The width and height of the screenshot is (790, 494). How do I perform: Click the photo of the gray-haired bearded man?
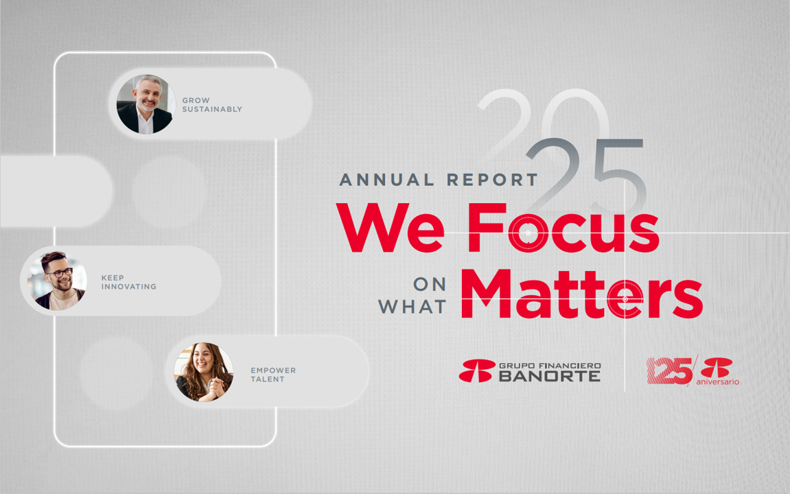pos(146,104)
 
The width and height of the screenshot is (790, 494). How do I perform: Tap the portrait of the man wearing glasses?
pos(58,281)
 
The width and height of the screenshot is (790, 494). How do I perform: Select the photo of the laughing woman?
pos(204,372)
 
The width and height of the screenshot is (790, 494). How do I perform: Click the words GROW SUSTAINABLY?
pos(212,105)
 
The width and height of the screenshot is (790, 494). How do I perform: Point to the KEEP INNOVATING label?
pos(129,282)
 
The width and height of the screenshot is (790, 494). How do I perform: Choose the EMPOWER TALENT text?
pos(274,375)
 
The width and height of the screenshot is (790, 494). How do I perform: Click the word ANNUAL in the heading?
pos(386,180)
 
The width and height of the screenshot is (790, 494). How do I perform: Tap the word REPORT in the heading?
pos(493,180)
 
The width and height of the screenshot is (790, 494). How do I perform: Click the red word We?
pos(391,227)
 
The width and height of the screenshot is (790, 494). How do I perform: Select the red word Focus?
pos(564,228)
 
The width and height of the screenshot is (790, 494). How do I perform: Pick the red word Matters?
pos(582,294)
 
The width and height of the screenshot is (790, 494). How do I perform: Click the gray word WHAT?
pos(412,307)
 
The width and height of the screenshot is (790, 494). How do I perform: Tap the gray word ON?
pos(430,285)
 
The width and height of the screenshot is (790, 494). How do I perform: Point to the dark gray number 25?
pos(587,174)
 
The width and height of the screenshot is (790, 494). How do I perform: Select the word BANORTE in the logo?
pos(550,376)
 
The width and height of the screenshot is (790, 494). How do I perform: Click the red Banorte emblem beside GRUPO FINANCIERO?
pos(477,370)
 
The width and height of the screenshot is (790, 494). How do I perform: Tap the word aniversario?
pos(717,381)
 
